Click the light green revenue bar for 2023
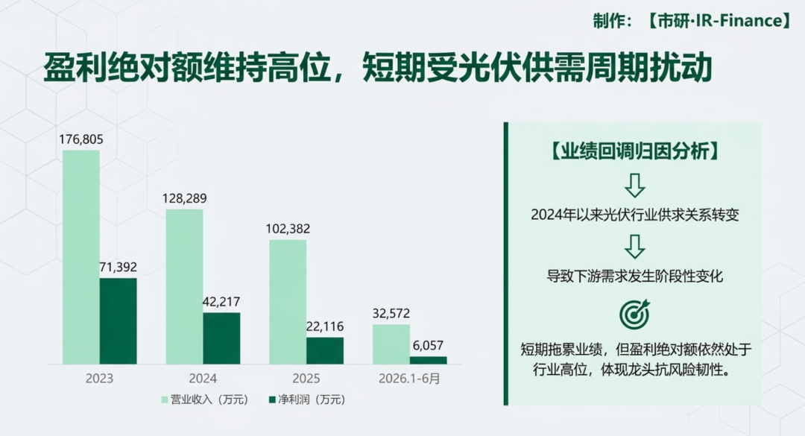pyautogui.click(x=81, y=257)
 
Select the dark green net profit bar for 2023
pyautogui.click(x=118, y=321)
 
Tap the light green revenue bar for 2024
pyautogui.click(x=184, y=286)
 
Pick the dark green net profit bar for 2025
pyautogui.click(x=325, y=351)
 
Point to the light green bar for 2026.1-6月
pyautogui.click(x=391, y=344)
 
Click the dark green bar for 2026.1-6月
pyautogui.click(x=428, y=360)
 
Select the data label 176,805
pyautogui.click(x=81, y=139)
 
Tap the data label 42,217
pyautogui.click(x=221, y=301)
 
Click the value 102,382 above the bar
pyautogui.click(x=288, y=229)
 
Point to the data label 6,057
pyautogui.click(x=428, y=345)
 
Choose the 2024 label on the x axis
pyautogui.click(x=203, y=379)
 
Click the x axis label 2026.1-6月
pyautogui.click(x=409, y=379)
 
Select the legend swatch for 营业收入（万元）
pyautogui.click(x=165, y=399)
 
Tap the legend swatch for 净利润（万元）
pyautogui.click(x=272, y=399)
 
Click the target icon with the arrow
pyautogui.click(x=634, y=314)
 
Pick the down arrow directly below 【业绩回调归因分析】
pyautogui.click(x=634, y=186)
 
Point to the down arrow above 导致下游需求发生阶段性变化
pyautogui.click(x=634, y=247)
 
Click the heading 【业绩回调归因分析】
pyautogui.click(x=634, y=151)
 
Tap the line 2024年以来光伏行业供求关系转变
pyautogui.click(x=634, y=214)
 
